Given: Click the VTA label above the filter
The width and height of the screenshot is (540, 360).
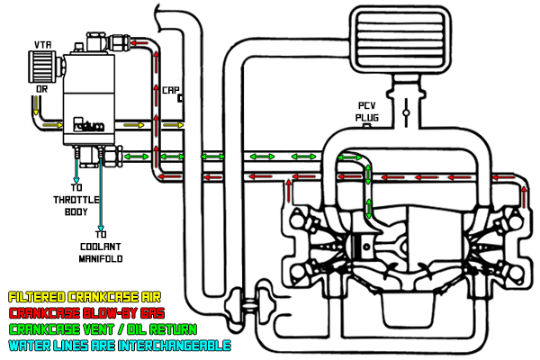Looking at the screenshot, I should pos(42,43).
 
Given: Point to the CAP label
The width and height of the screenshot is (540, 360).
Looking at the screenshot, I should pos(170,89).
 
